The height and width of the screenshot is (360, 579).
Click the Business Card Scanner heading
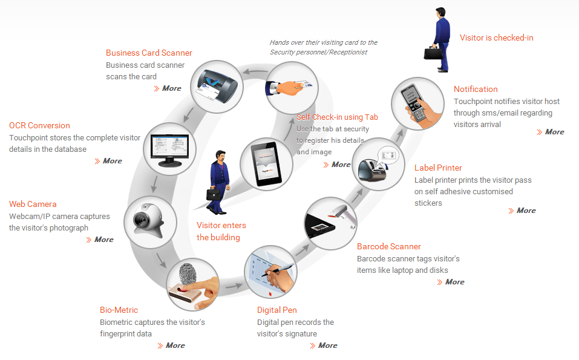(x=149, y=53)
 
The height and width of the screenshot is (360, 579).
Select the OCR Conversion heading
(x=39, y=125)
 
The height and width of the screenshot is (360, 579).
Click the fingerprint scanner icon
(x=191, y=283)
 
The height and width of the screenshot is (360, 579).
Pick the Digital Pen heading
(x=276, y=310)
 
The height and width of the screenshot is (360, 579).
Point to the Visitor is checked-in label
(x=496, y=38)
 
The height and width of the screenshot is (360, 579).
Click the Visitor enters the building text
(x=221, y=231)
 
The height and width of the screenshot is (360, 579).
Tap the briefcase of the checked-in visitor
(x=432, y=53)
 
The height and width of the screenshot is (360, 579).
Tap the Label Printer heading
(x=438, y=168)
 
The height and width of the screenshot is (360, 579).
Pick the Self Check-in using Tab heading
(x=337, y=117)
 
